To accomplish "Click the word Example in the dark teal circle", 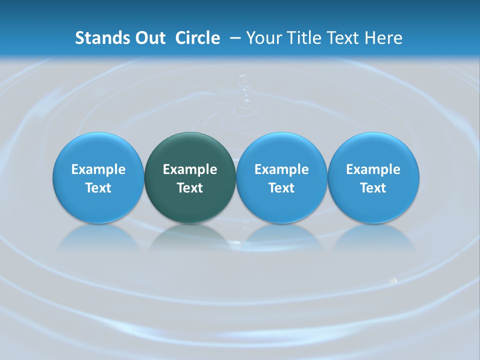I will tap(190, 169).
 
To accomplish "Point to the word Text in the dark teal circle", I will tap(190, 188).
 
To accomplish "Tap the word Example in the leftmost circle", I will tap(98, 169).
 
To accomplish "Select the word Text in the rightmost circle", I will tap(373, 188).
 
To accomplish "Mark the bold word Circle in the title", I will tap(197, 38).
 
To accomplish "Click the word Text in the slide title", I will tap(341, 38).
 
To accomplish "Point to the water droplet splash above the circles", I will tap(243, 95).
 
